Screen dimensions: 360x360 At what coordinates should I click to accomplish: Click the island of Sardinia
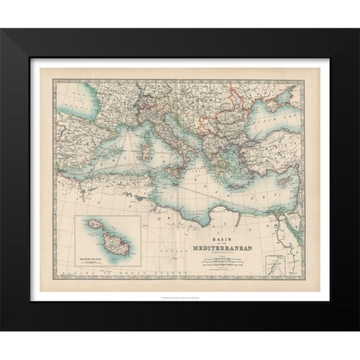(x=140, y=158)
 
